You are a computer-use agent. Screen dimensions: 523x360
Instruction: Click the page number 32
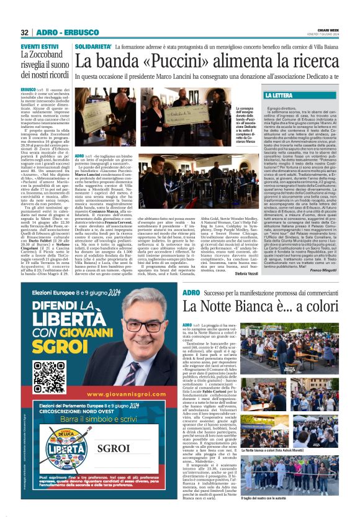click(24, 32)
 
